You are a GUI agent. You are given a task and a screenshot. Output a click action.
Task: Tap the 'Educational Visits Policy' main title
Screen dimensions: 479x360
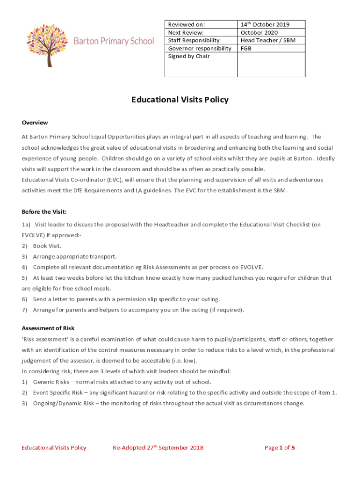coord(180,100)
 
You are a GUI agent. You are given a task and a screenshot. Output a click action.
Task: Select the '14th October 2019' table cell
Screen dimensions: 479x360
coord(265,24)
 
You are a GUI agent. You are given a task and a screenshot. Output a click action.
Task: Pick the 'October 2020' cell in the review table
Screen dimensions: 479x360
coord(259,32)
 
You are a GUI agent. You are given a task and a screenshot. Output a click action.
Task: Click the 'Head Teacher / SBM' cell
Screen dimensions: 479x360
coord(268,40)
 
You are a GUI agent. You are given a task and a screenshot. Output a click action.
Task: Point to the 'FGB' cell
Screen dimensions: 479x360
coord(246,48)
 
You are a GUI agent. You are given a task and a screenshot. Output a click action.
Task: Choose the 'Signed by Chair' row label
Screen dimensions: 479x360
coord(189,56)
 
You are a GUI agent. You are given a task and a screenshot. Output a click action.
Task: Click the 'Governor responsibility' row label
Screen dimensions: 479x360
coord(200,48)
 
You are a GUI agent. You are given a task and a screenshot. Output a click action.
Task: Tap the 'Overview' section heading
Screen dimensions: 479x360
coord(35,123)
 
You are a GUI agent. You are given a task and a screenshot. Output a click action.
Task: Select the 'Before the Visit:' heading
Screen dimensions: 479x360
coord(44,211)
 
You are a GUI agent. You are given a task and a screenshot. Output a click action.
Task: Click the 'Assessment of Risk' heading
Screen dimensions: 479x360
coord(48,328)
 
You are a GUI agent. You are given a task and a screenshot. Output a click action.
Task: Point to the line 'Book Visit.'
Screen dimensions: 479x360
coord(47,246)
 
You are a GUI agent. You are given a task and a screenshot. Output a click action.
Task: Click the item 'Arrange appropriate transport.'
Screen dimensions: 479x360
coord(75,256)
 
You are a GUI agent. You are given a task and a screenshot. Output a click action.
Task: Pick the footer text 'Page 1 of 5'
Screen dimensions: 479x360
coord(280,448)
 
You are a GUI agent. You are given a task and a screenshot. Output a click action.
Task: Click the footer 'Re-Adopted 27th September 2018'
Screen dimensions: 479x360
coord(158,448)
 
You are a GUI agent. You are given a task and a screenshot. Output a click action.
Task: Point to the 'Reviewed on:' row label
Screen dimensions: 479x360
coord(186,24)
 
